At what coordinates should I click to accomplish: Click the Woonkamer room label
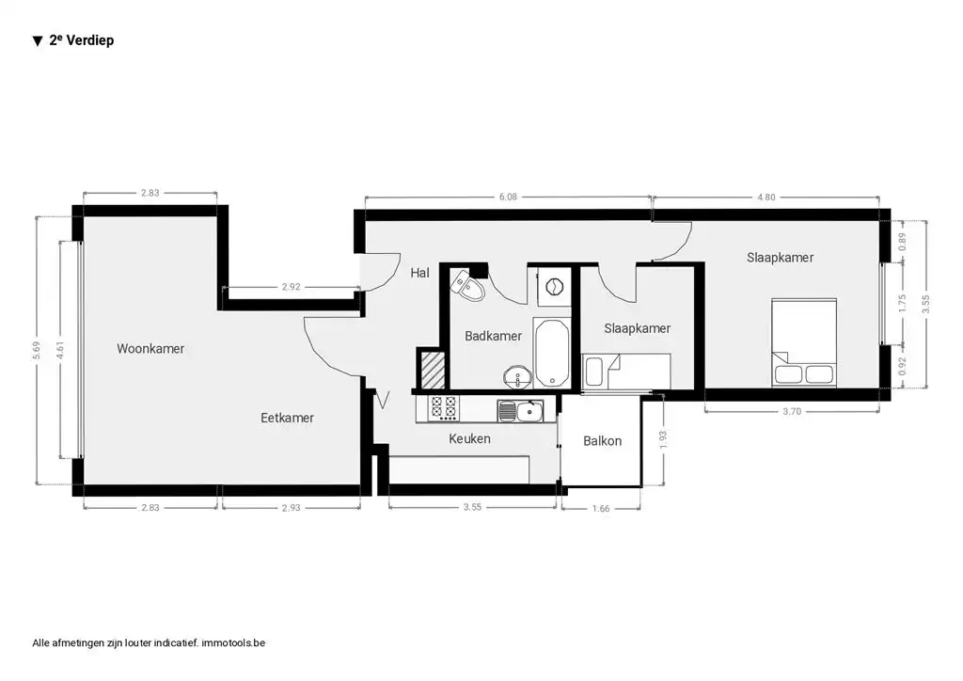[x=150, y=349]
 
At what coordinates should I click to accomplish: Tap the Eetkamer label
[x=287, y=418]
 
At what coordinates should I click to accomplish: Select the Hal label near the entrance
[x=419, y=274]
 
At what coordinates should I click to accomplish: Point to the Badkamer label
[x=493, y=336]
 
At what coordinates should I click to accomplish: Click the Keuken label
[x=469, y=438]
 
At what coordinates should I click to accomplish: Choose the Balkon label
[x=602, y=440]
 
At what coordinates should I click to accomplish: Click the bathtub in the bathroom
[x=551, y=353]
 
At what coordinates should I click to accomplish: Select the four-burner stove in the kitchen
[x=444, y=408]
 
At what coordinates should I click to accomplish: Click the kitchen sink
[x=520, y=409]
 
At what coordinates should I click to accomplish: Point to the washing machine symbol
[x=553, y=285]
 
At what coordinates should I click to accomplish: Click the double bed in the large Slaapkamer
[x=804, y=343]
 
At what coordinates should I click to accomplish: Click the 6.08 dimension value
[x=507, y=197]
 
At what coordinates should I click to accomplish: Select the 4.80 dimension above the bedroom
[x=766, y=197]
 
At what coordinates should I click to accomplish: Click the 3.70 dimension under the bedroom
[x=793, y=412]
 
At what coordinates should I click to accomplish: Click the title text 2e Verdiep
[x=81, y=40]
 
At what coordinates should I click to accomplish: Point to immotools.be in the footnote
[x=234, y=643]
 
